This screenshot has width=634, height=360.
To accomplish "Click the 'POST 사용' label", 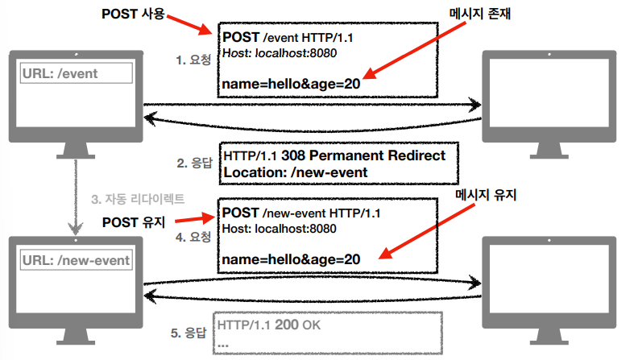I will tap(135, 15).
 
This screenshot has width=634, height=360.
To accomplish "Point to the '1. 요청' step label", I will tap(194, 60).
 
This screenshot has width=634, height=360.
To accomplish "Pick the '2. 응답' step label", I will tap(195, 163).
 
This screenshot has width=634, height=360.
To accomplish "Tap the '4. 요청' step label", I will tap(194, 237).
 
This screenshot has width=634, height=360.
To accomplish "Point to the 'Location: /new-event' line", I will tap(295, 172).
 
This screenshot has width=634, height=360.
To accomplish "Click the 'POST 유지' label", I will tap(134, 221).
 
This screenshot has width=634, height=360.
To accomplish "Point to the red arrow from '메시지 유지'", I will tap(411, 235).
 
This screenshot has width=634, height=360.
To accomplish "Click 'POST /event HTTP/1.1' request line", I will tap(283, 37).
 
